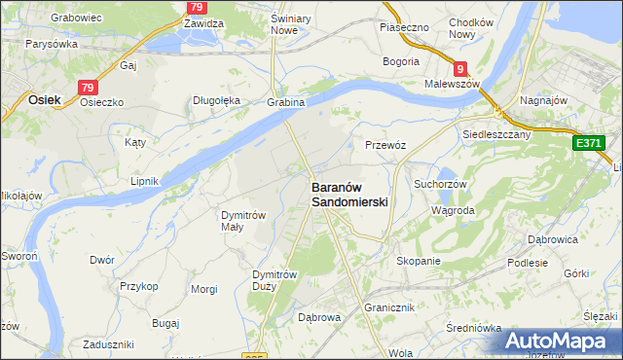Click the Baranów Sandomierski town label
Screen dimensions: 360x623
pos(349,194)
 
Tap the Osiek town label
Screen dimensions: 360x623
pos(45,99)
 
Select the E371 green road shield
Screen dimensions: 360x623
pos(589,143)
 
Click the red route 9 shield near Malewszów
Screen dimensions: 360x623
pos(461,68)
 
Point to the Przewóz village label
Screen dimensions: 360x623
pos(385,144)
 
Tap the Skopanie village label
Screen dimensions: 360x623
pos(420,261)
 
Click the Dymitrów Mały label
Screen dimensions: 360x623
pos(244,220)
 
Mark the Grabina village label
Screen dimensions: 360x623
pos(286,102)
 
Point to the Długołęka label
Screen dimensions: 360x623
pos(216,100)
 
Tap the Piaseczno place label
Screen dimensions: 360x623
pos(406,28)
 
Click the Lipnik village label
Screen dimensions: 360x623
pos(144,181)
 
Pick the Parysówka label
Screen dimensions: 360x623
pos(52,44)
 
